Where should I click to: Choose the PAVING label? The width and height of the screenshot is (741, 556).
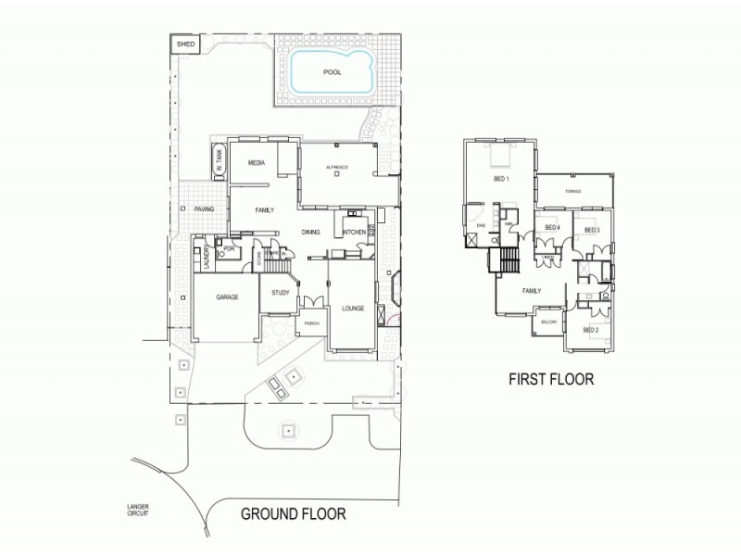click(204, 209)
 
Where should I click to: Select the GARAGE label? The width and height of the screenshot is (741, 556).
click(228, 297)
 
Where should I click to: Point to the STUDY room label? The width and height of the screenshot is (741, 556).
click(281, 294)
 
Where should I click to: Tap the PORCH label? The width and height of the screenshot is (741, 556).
click(311, 323)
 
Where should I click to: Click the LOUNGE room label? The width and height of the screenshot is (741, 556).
click(353, 308)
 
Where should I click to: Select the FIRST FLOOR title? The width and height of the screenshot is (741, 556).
click(550, 379)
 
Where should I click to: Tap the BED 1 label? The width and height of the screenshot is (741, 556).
click(501, 178)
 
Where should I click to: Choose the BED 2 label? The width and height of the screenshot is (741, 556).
click(591, 330)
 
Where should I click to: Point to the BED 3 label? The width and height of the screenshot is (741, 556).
click(592, 230)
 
